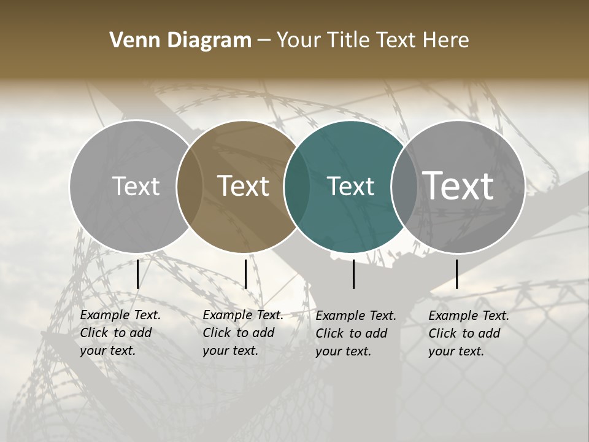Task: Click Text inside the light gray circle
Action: click(136, 186)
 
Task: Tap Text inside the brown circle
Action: click(244, 186)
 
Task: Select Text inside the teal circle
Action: click(351, 186)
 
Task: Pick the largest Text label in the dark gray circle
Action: click(458, 186)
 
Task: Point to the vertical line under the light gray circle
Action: click(137, 274)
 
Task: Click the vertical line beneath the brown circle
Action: click(245, 274)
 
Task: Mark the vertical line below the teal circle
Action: click(353, 274)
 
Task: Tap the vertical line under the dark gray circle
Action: click(456, 274)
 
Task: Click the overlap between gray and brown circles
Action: click(190, 186)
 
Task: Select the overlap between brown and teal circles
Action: click(297, 186)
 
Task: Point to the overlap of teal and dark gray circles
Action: click(404, 186)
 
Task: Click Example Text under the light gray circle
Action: click(120, 315)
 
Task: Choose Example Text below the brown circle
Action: click(243, 315)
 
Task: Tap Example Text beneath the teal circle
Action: click(356, 316)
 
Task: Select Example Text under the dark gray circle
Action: click(469, 316)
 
